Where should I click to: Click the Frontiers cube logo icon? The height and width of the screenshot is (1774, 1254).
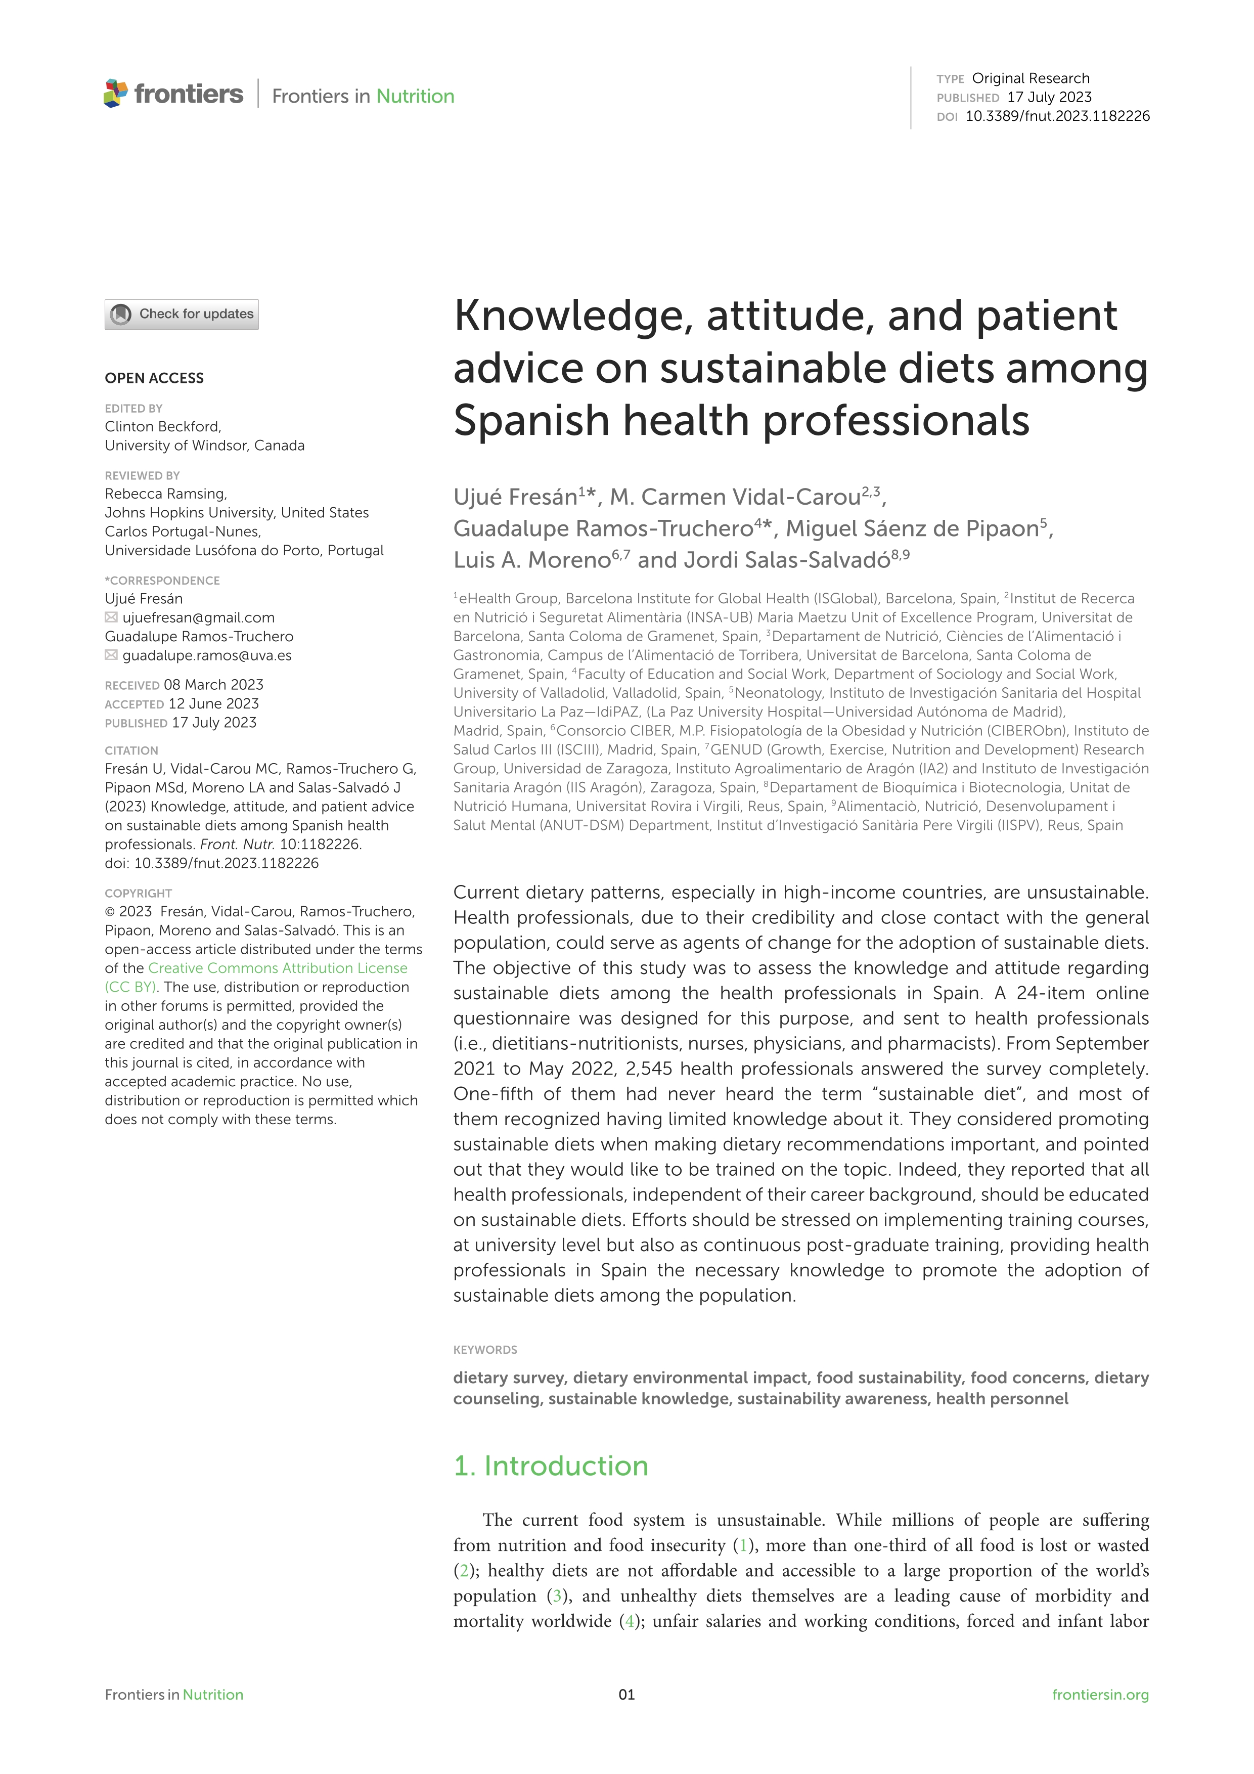[115, 94]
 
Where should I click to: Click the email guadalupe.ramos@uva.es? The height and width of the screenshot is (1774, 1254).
[207, 655]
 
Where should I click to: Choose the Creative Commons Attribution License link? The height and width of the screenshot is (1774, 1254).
[278, 968]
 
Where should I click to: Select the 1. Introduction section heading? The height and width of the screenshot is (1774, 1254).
[550, 1466]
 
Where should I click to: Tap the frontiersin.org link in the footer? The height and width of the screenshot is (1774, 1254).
[1100, 1695]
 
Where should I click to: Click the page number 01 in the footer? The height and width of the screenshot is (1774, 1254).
[626, 1695]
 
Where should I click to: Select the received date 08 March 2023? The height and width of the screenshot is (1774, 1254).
[213, 685]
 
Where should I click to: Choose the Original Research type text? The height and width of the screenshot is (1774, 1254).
[1031, 78]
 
